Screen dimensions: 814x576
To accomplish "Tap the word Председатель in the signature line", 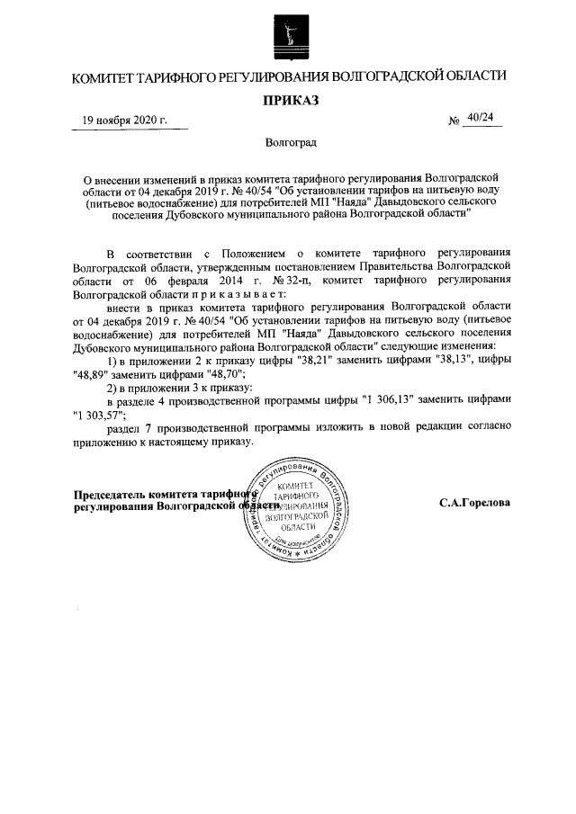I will pos(110,495).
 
